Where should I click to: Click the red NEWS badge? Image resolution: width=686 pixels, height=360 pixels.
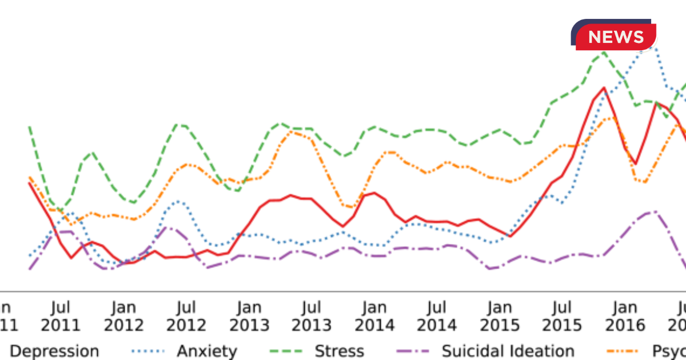pyautogui.click(x=616, y=37)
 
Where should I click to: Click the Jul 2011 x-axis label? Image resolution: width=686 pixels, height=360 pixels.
pyautogui.click(x=60, y=317)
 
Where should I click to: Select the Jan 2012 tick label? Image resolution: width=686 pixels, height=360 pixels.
pyautogui.click(x=123, y=317)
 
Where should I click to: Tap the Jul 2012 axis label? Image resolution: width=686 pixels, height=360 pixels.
pyautogui.click(x=186, y=317)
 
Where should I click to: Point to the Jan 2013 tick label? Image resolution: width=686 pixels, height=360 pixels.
pyautogui.click(x=249, y=317)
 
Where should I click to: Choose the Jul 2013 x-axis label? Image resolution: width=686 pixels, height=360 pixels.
pyautogui.click(x=312, y=317)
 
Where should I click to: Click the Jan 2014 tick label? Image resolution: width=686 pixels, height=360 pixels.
pyautogui.click(x=374, y=317)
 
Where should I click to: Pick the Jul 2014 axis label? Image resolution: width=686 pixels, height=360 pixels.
pyautogui.click(x=437, y=317)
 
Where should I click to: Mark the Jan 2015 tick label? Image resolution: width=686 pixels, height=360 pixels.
pyautogui.click(x=500, y=317)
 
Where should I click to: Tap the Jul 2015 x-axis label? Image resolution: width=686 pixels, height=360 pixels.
pyautogui.click(x=563, y=317)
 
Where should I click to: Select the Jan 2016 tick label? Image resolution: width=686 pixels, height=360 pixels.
pyautogui.click(x=625, y=317)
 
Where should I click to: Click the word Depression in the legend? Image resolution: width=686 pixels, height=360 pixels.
pyautogui.click(x=55, y=351)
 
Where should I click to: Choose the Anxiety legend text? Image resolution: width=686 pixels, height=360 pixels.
pyautogui.click(x=206, y=351)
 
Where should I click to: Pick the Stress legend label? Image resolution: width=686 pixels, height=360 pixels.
pyautogui.click(x=340, y=351)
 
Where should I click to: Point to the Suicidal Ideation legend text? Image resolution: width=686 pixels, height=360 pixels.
pyautogui.click(x=508, y=351)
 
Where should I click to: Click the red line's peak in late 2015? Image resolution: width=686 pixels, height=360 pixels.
pyautogui.click(x=603, y=88)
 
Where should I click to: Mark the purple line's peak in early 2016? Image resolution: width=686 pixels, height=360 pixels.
pyautogui.click(x=654, y=211)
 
